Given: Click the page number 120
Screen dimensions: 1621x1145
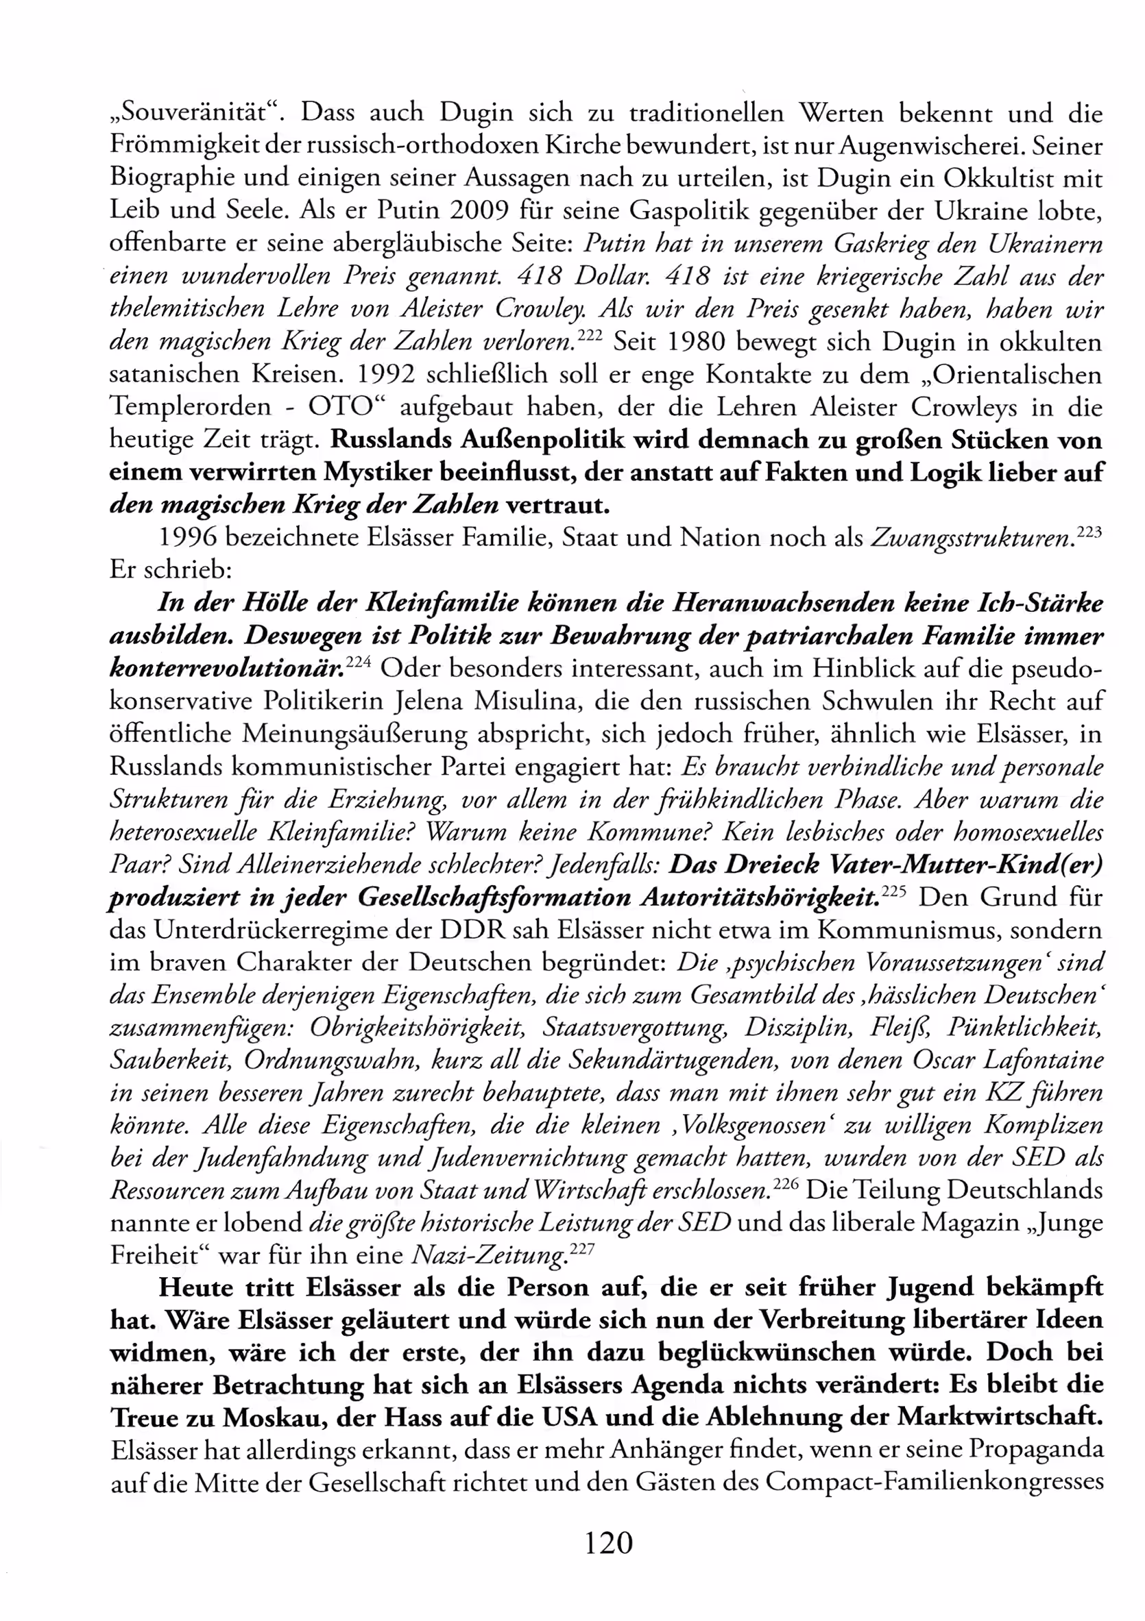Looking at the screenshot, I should pos(608,1543).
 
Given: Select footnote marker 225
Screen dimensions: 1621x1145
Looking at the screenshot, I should pos(893,890).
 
